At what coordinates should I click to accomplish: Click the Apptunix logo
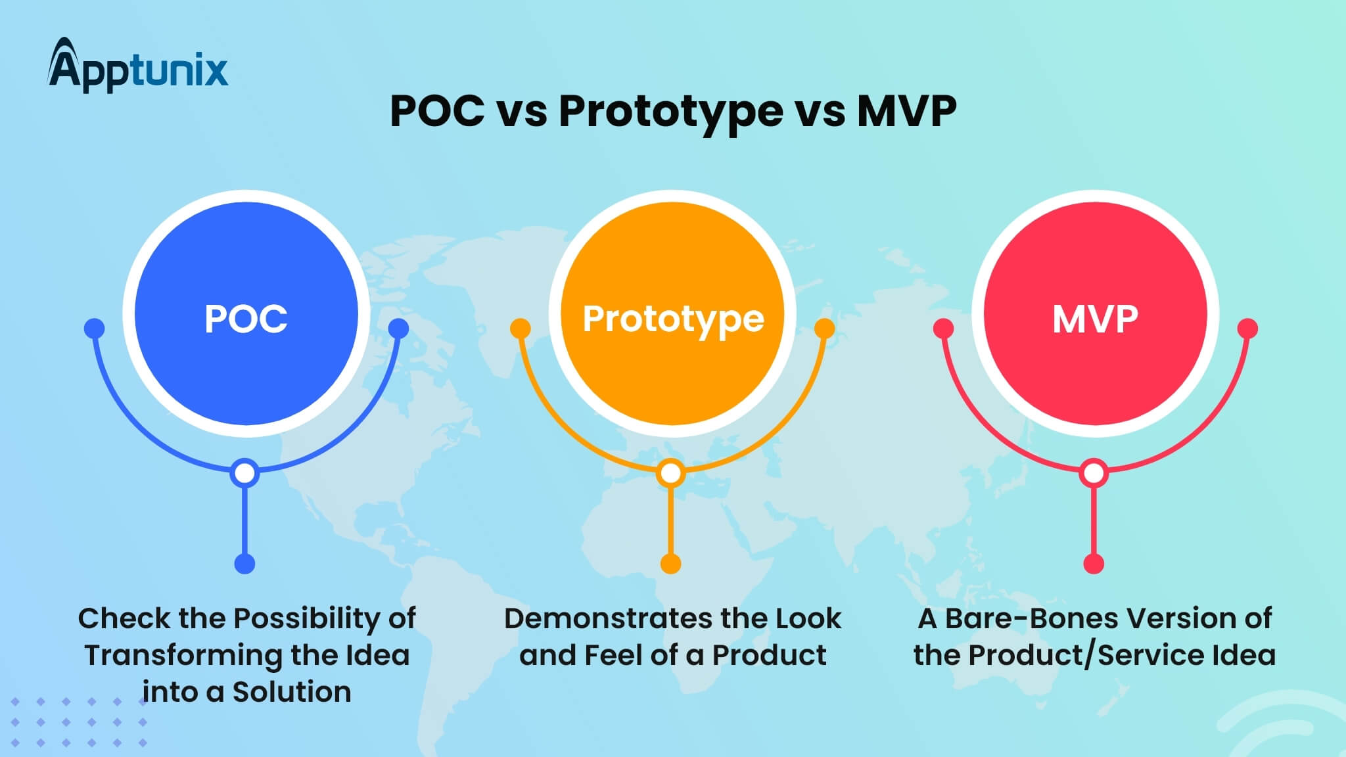[x=138, y=66]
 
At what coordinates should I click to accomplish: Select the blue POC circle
[x=246, y=314]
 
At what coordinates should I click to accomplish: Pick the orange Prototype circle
[x=672, y=314]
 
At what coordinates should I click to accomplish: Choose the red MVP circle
[x=1095, y=314]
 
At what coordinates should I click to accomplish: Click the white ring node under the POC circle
[x=244, y=473]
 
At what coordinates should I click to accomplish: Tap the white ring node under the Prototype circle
[x=670, y=473]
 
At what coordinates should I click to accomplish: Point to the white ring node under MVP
[x=1094, y=473]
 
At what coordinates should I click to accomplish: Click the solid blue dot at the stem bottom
[x=244, y=564]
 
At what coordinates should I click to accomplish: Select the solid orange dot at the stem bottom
[x=670, y=564]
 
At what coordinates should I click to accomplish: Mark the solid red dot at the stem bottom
[x=1094, y=564]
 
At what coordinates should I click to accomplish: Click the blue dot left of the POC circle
[x=95, y=329]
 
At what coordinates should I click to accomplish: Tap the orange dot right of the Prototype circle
[x=824, y=329]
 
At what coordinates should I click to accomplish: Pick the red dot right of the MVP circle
[x=1247, y=329]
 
